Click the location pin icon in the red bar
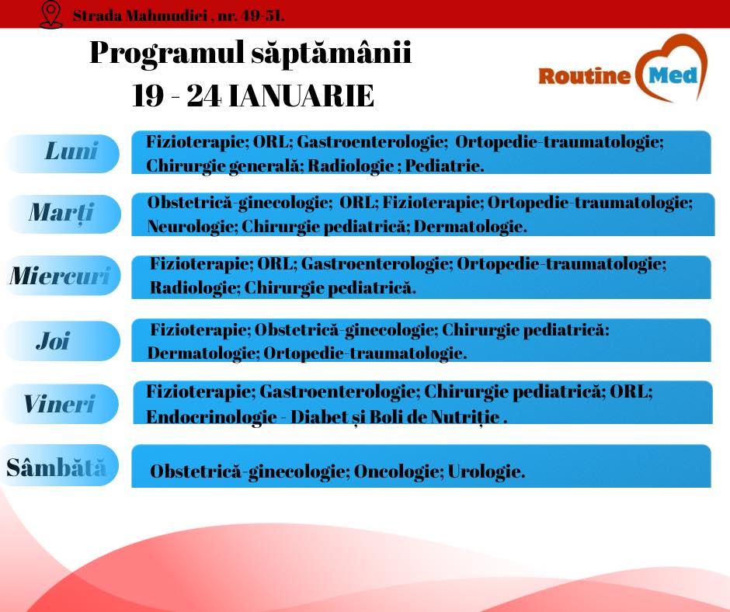coord(50,15)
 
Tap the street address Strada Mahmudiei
coord(140,16)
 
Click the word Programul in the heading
coord(167,53)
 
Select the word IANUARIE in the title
coord(301,96)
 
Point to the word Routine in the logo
coord(584,76)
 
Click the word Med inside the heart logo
coord(673,75)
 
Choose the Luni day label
coord(71,151)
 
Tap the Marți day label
coord(61,213)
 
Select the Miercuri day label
coord(60,276)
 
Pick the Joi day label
coord(53,341)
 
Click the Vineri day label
coord(59,404)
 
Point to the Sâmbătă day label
coord(57,467)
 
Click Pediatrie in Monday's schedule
coord(444,165)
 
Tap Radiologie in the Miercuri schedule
coord(195,288)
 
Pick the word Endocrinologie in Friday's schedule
coord(211,417)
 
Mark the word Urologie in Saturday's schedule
coord(486,471)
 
